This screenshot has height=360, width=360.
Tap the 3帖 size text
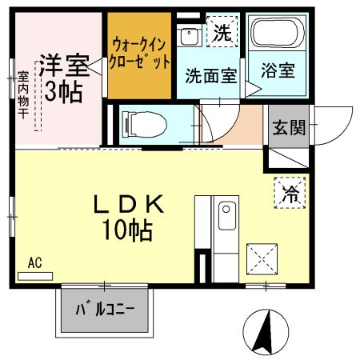tap(63, 91)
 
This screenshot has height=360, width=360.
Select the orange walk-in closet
tap(141, 55)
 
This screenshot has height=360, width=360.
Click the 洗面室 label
tap(211, 77)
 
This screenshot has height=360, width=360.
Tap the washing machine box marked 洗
tap(221, 34)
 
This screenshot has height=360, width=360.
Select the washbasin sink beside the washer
tap(189, 37)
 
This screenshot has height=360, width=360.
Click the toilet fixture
tap(143, 123)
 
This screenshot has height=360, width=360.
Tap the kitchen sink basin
tap(226, 215)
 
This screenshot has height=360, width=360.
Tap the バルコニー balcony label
tap(106, 309)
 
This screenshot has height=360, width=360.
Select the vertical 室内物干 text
tap(22, 97)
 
